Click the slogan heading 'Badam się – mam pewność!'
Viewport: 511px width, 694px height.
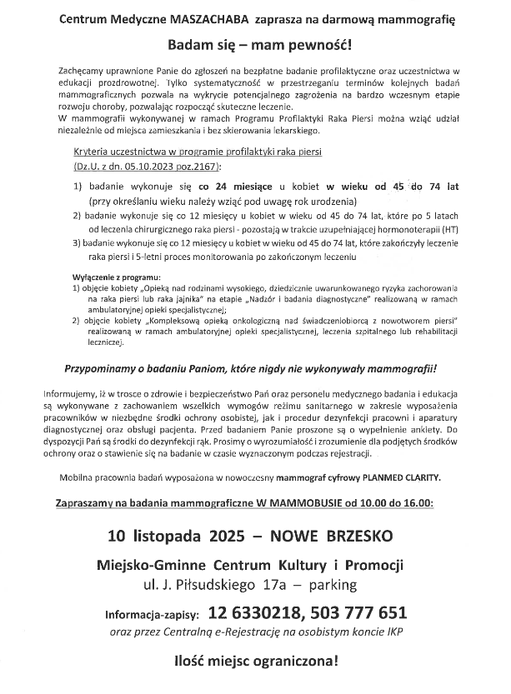point(255,43)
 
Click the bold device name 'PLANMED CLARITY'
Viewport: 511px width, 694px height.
point(405,477)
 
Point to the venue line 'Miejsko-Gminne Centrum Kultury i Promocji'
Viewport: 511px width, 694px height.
point(255,563)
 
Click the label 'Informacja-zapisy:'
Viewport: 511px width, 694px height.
point(153,616)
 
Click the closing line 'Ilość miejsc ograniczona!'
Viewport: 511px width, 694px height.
point(255,664)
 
